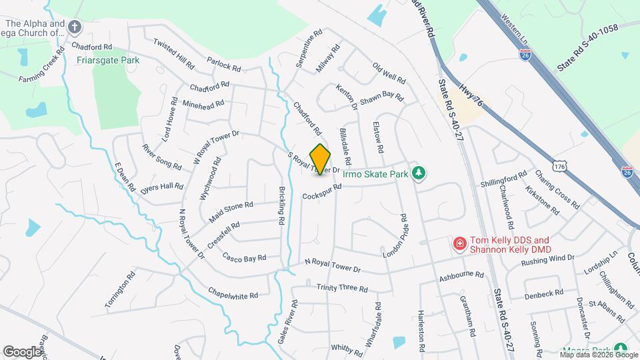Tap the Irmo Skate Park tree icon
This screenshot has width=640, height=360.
pyautogui.click(x=418, y=173)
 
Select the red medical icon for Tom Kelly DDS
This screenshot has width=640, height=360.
pyautogui.click(x=459, y=245)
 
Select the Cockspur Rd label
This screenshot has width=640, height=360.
pyautogui.click(x=321, y=191)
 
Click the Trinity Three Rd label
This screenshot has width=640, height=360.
pyautogui.click(x=342, y=288)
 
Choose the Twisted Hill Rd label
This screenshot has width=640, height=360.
pyautogui.click(x=173, y=55)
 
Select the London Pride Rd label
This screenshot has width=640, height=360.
pyautogui.click(x=395, y=237)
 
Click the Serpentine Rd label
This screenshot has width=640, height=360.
pyautogui.click(x=310, y=41)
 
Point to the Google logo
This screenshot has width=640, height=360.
pyautogui.click(x=23, y=351)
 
